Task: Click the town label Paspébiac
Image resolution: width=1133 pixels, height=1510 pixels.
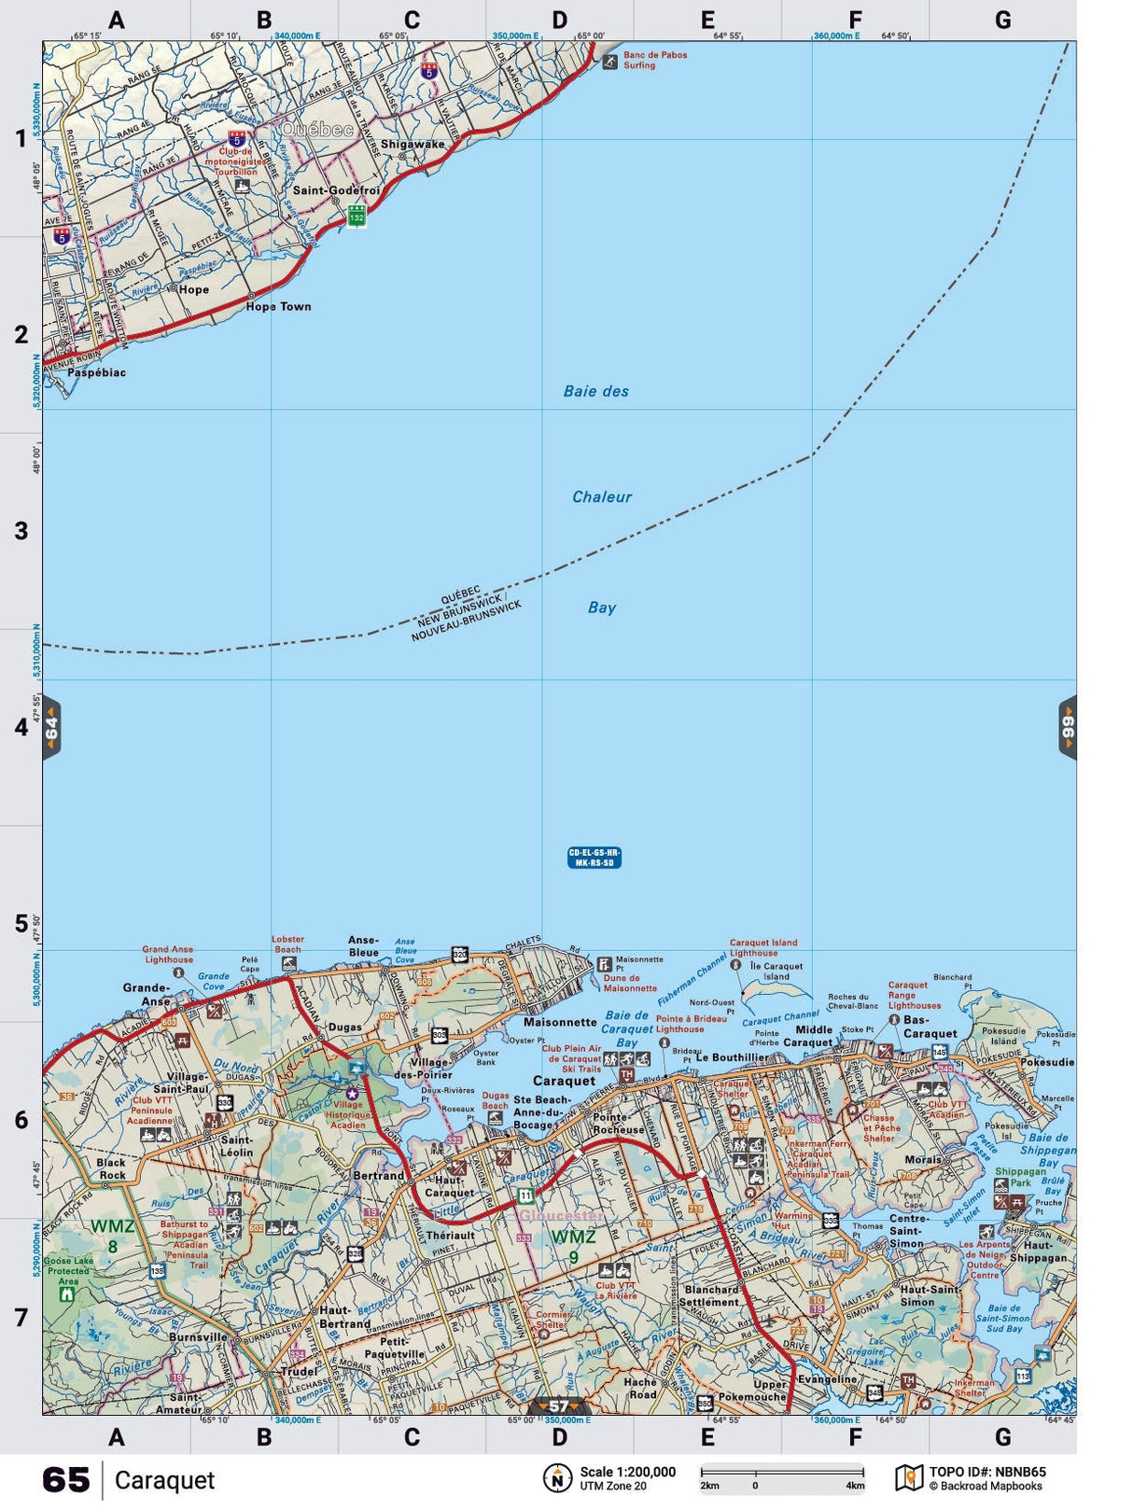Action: click(x=96, y=372)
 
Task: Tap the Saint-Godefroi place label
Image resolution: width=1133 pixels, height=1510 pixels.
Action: click(x=336, y=190)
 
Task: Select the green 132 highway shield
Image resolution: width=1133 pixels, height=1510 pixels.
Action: click(x=357, y=217)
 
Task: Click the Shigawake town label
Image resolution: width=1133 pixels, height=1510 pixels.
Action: click(x=413, y=145)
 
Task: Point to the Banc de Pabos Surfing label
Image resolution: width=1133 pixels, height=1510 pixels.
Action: click(x=654, y=61)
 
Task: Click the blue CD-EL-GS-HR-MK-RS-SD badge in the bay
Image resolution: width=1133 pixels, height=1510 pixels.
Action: click(x=594, y=858)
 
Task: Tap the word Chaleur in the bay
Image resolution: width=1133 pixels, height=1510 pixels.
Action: click(x=601, y=497)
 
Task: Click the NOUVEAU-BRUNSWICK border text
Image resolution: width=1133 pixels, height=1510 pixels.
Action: click(x=467, y=622)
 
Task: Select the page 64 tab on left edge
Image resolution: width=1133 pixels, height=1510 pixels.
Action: click(x=51, y=728)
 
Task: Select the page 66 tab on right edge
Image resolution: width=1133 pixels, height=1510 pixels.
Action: click(x=1068, y=728)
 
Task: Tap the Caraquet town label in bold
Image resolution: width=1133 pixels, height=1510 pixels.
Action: click(x=564, y=1081)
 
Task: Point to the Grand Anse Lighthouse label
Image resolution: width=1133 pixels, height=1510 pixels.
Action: click(x=168, y=955)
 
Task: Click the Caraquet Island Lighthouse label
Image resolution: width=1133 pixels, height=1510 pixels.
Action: click(x=763, y=947)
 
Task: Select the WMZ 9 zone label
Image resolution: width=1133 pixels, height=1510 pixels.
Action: click(x=574, y=1247)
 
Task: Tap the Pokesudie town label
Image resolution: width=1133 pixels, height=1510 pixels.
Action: click(x=1046, y=1062)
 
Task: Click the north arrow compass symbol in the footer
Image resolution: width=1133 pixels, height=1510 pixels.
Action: click(x=557, y=1478)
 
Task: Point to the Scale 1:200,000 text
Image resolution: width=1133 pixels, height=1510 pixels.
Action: click(x=627, y=1473)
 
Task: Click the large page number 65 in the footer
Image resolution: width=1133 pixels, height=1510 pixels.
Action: click(x=65, y=1480)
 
